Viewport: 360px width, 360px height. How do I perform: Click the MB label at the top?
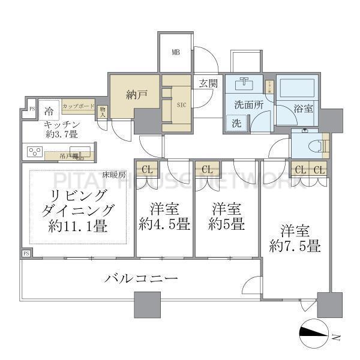coord(176,52)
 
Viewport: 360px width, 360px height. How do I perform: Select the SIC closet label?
coord(181,104)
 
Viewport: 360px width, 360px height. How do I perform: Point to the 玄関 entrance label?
coord(208,82)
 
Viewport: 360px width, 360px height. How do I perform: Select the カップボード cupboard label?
coord(78,106)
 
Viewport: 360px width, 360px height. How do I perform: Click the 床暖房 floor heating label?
coord(113,175)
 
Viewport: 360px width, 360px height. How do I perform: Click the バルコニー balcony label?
coord(141,279)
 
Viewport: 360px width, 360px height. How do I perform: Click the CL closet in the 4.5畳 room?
coord(147,170)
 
